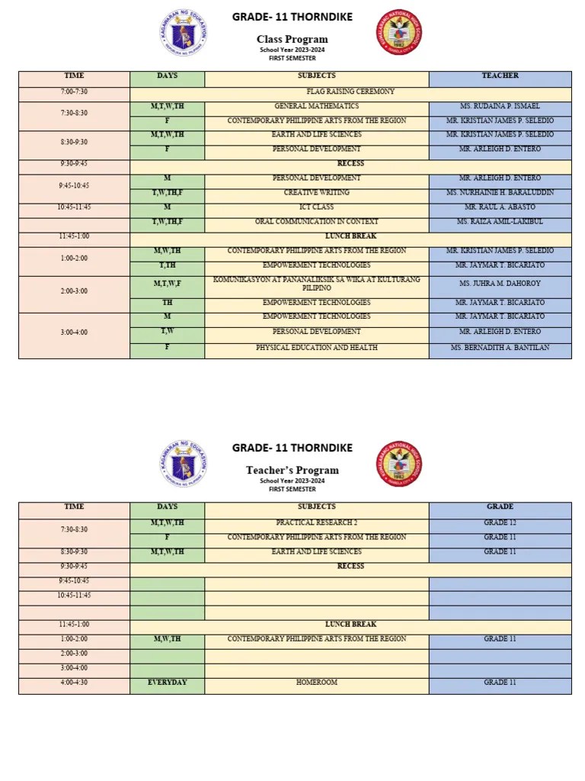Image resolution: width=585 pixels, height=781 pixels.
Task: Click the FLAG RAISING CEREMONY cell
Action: (x=350, y=92)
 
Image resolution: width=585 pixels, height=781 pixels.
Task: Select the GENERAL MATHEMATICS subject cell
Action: (x=317, y=106)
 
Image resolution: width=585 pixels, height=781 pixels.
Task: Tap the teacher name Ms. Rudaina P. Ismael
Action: (x=500, y=106)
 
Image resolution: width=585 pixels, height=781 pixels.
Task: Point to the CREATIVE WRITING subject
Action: (x=317, y=193)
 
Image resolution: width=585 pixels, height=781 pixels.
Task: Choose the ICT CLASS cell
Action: (x=317, y=207)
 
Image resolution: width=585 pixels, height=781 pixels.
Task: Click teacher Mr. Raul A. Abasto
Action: (x=500, y=207)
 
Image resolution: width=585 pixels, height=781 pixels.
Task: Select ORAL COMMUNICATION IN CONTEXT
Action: (x=317, y=222)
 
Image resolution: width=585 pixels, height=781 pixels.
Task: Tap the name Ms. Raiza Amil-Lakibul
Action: (x=500, y=222)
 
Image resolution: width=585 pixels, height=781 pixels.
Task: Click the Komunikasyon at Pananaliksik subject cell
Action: (x=317, y=284)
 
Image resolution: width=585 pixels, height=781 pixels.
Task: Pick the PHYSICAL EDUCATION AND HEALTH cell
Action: (x=317, y=348)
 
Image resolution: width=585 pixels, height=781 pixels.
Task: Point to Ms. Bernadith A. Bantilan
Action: (x=500, y=348)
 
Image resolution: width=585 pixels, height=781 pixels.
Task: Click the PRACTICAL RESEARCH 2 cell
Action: (x=317, y=523)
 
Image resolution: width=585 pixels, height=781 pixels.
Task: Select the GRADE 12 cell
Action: (x=500, y=523)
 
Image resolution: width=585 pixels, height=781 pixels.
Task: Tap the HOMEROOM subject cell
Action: (x=317, y=683)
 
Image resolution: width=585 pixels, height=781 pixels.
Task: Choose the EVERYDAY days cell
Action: (x=168, y=683)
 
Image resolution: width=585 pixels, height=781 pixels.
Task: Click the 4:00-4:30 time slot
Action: (x=74, y=683)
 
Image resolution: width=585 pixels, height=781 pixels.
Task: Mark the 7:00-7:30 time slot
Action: (x=74, y=92)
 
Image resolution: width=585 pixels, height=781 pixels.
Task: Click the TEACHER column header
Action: (x=500, y=76)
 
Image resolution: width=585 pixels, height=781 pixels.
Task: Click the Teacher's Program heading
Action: (x=292, y=471)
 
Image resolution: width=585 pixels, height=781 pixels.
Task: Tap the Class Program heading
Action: (x=292, y=40)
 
